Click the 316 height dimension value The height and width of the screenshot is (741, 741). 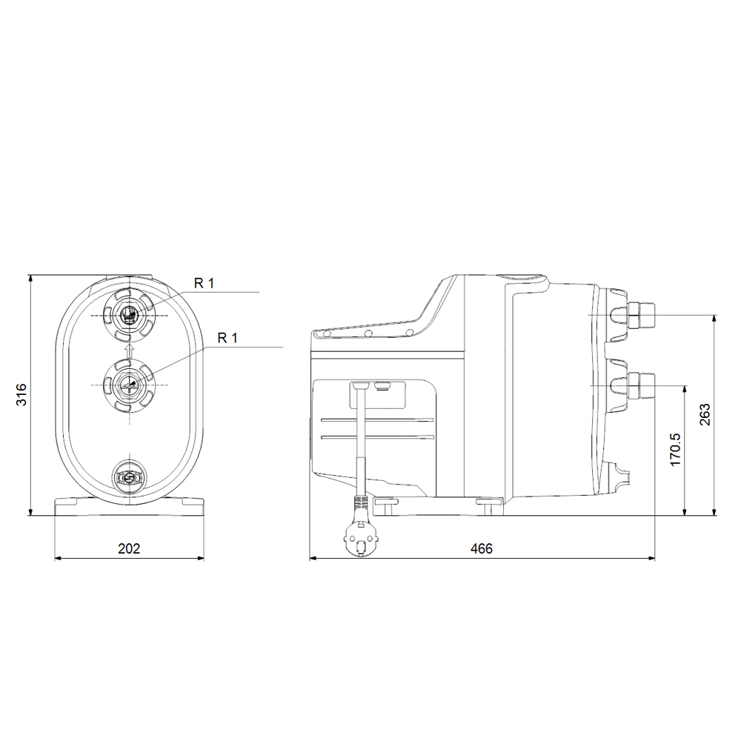(x=21, y=396)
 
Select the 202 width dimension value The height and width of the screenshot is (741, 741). (x=129, y=548)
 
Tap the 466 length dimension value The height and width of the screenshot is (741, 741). (x=481, y=548)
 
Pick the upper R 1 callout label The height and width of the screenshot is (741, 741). (x=205, y=282)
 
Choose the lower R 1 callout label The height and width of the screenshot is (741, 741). (x=228, y=337)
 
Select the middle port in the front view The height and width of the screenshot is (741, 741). (x=129, y=384)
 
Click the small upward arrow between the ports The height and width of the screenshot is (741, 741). (x=129, y=349)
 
